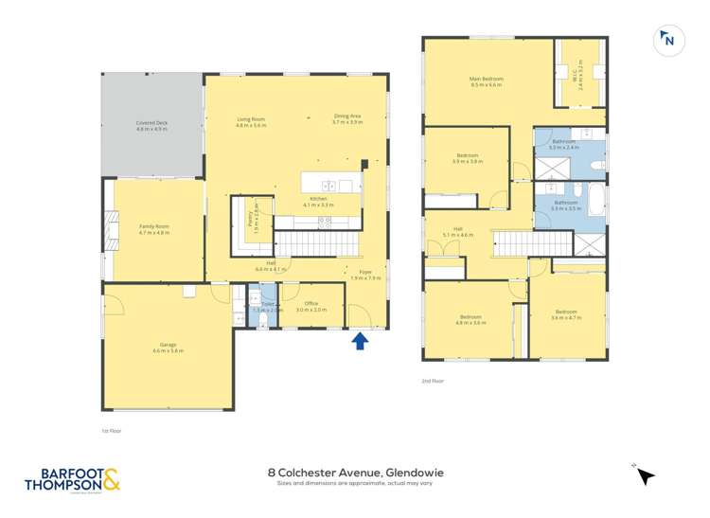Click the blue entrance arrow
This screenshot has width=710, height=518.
click(x=360, y=340)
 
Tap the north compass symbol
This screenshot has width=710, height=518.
click(x=668, y=40)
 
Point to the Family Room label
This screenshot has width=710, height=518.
click(x=153, y=230)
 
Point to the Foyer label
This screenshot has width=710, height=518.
click(x=365, y=276)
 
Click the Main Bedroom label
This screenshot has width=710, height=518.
click(x=486, y=81)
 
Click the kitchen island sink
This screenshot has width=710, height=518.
click(x=328, y=185)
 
